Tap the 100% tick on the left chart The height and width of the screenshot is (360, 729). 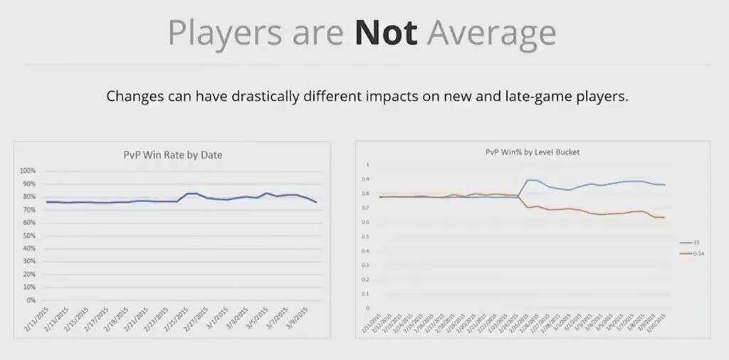coord(28,171)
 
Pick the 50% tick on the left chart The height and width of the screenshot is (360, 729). coord(29,235)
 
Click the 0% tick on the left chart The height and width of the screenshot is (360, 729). coord(31,300)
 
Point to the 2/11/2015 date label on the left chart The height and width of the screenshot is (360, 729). coord(35,317)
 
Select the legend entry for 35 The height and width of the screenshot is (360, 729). coord(691,243)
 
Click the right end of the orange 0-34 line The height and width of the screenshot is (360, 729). coord(665,217)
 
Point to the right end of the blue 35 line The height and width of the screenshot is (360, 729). coord(665,185)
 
